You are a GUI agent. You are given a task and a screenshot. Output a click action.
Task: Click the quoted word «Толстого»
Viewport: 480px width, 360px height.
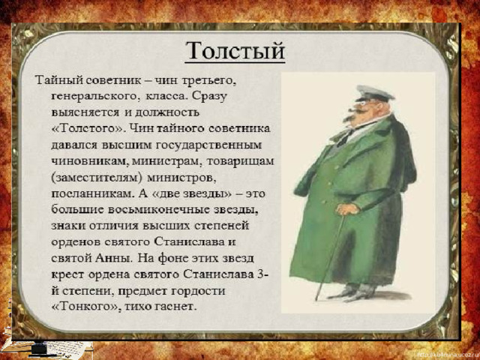[x=87, y=128]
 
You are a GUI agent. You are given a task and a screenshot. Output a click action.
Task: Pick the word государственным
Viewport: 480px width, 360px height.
[x=208, y=145]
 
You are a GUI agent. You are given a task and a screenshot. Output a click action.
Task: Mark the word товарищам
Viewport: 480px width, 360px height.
[x=240, y=161]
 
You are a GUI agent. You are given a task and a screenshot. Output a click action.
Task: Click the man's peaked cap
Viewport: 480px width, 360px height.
[x=374, y=93]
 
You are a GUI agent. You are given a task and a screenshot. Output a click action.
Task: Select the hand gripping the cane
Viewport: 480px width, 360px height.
[x=347, y=209]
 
